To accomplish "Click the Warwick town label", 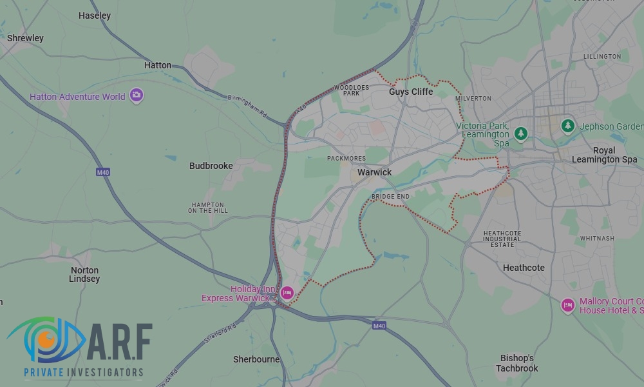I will coord(374,172).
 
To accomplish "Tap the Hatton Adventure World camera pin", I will coord(136,96).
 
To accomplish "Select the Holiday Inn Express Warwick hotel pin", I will coord(287,293).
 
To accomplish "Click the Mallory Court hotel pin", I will coord(567,305).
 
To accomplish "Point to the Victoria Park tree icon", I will coord(521,134).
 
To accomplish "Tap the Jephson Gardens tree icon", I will coord(567,125).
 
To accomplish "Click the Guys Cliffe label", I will coord(411,92).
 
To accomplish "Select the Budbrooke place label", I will coord(211,166).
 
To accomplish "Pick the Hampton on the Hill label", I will coord(208,207).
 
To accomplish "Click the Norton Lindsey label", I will coord(84,275).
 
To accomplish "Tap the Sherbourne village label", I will coord(256,359).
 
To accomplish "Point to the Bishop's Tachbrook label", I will coord(517,363).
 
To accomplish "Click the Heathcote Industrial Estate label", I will coord(502,239).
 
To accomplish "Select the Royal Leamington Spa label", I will coord(605,155).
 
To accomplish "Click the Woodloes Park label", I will coord(351,90).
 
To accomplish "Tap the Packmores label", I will coord(346,158).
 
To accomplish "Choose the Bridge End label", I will coord(390,196).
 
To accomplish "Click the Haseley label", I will coord(94,15).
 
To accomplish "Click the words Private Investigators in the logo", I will coord(83,372).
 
